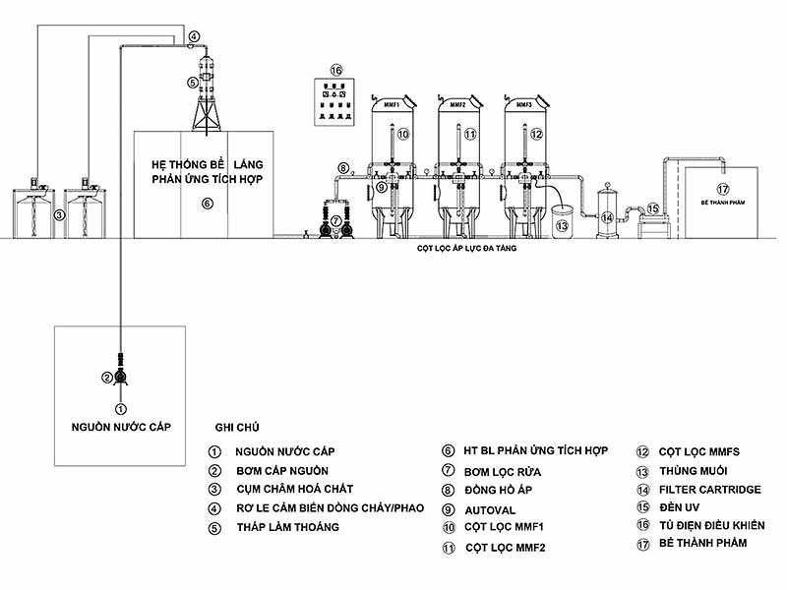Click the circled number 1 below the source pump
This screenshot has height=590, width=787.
120,407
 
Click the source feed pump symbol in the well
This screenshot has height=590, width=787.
120,376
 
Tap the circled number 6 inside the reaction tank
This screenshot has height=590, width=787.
207,204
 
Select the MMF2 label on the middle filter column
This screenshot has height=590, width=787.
457,103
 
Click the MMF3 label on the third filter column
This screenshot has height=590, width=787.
523,103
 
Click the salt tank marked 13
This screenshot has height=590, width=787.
563,221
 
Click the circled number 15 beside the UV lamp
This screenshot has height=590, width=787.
653,208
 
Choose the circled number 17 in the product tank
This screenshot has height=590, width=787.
723,189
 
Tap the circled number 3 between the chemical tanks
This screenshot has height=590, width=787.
60,213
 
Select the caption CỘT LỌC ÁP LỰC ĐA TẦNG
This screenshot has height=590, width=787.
461,251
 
